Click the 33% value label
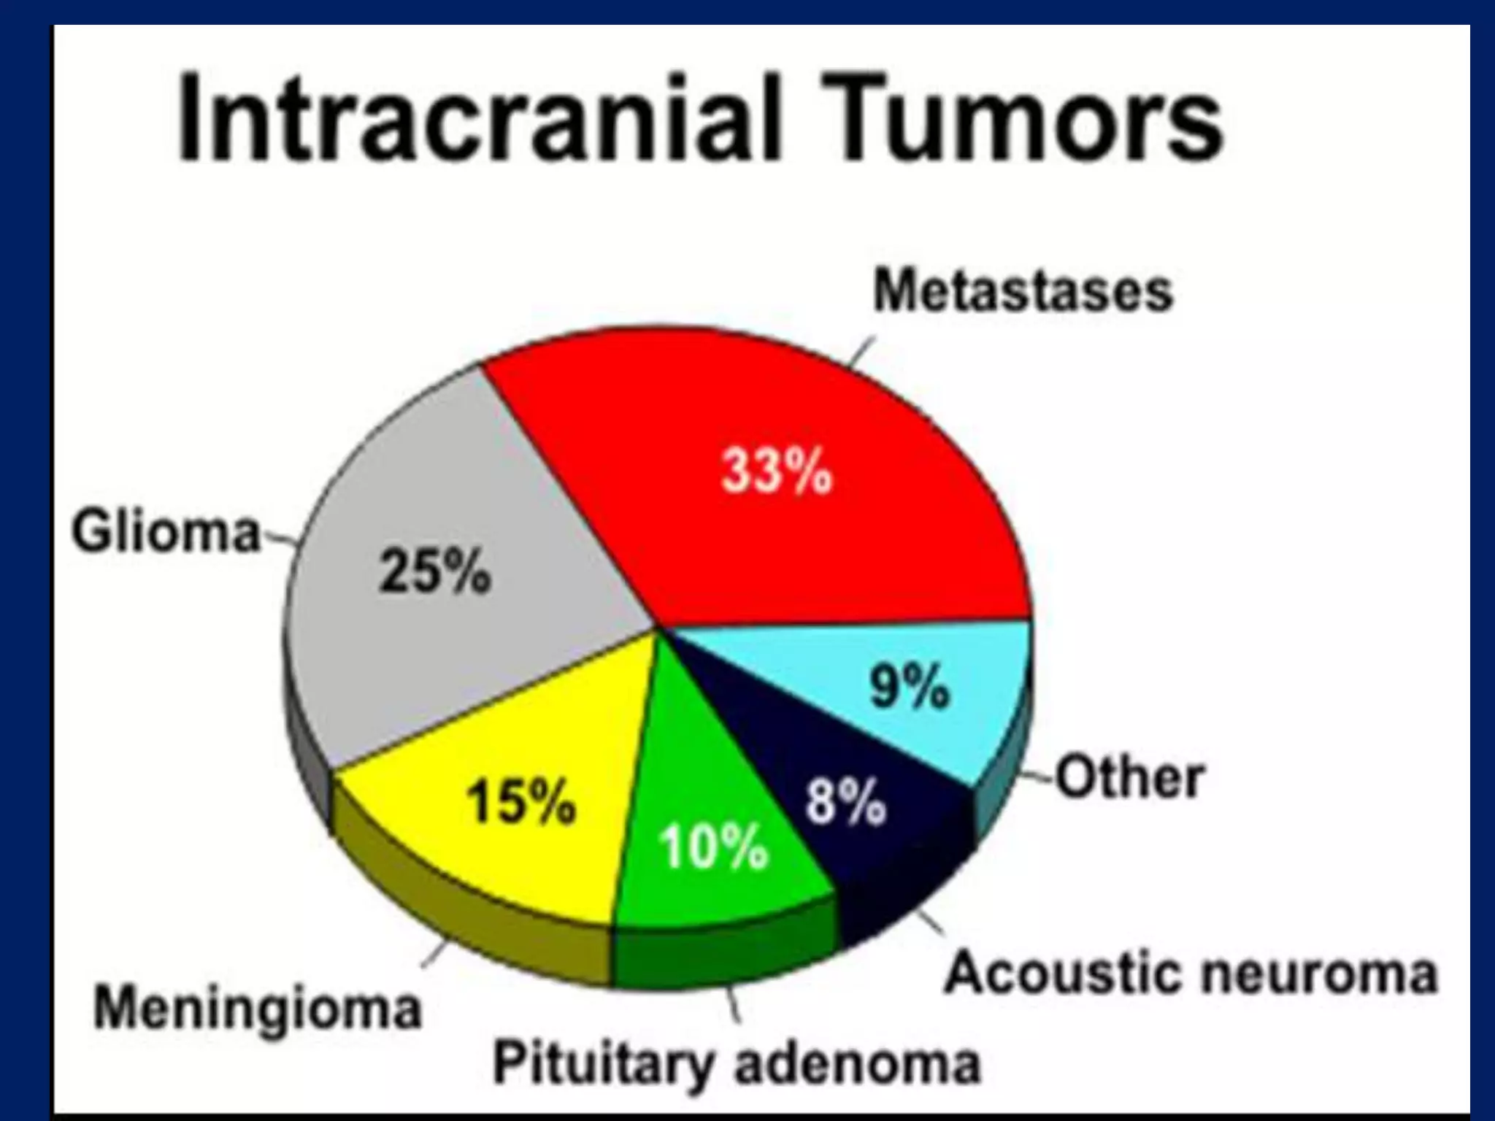click(777, 471)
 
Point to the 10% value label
click(713, 847)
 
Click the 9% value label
click(910, 687)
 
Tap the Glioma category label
click(166, 532)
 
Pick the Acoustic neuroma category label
click(1191, 973)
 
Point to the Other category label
click(1130, 778)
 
